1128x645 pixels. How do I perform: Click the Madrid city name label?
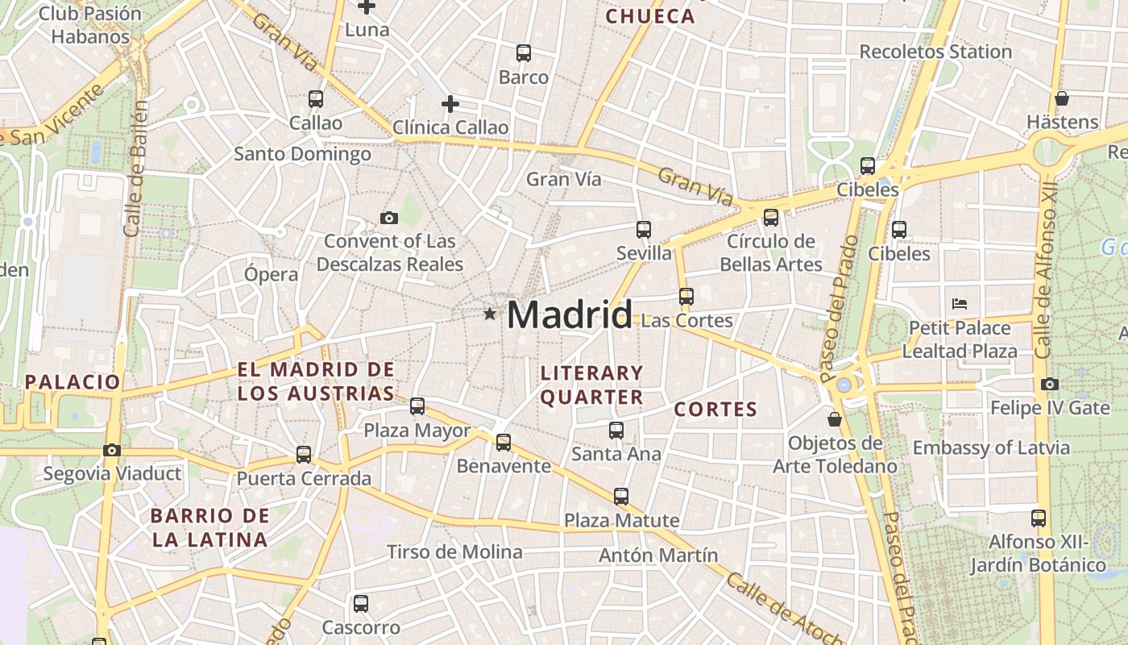(570, 314)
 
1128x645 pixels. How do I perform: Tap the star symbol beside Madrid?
(489, 314)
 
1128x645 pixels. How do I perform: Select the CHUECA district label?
(649, 16)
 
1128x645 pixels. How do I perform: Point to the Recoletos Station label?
(935, 52)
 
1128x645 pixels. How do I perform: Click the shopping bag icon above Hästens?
(1062, 98)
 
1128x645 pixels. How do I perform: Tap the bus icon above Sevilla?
(643, 230)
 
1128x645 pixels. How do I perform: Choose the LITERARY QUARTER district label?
(591, 385)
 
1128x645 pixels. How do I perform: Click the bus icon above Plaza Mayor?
(417, 406)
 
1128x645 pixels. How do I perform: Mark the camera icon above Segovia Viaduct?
(112, 450)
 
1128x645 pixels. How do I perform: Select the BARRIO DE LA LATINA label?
(209, 527)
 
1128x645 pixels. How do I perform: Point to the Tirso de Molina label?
(454, 552)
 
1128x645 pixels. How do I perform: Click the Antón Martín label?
(657, 555)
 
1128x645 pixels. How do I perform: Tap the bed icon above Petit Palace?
(959, 304)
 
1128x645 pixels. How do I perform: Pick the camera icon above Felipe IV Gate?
(1049, 385)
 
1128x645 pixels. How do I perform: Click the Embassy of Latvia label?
(1002, 447)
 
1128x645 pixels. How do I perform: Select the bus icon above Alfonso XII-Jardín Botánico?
(1039, 518)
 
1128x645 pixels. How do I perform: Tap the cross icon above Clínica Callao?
(450, 104)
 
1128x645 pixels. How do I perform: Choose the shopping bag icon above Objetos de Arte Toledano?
(835, 419)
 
